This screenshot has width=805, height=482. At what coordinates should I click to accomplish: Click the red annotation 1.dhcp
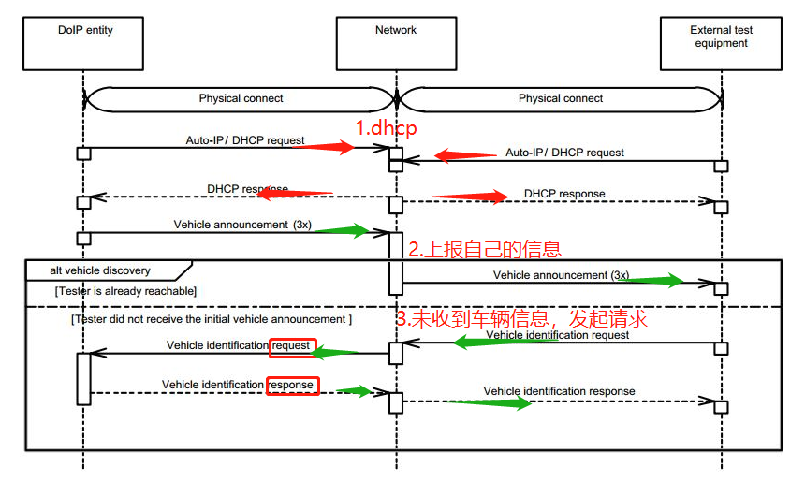click(x=385, y=127)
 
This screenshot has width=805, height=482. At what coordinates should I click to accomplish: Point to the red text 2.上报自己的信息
click(x=484, y=249)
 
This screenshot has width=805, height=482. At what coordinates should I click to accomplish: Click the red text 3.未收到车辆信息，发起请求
click(x=521, y=319)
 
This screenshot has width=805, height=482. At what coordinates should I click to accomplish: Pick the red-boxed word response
click(x=293, y=385)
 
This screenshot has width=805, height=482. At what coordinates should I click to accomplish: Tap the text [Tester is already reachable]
click(x=125, y=291)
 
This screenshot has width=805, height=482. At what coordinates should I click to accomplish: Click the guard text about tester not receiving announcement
click(x=212, y=319)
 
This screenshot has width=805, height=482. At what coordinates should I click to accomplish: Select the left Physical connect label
click(x=241, y=98)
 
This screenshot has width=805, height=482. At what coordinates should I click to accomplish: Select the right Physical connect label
click(x=561, y=98)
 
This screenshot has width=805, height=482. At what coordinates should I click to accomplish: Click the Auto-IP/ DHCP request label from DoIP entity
click(x=245, y=140)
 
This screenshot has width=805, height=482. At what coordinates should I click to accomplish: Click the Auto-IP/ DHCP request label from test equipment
click(x=564, y=152)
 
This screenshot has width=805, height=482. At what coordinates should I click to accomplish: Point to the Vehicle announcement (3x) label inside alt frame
click(x=561, y=275)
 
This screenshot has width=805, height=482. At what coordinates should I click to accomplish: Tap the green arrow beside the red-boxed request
click(x=336, y=352)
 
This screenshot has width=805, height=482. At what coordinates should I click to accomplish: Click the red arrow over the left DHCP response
click(x=294, y=193)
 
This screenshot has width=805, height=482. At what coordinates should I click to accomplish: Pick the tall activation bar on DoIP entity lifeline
click(x=83, y=378)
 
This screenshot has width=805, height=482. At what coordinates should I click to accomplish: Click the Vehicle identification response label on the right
click(x=559, y=391)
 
